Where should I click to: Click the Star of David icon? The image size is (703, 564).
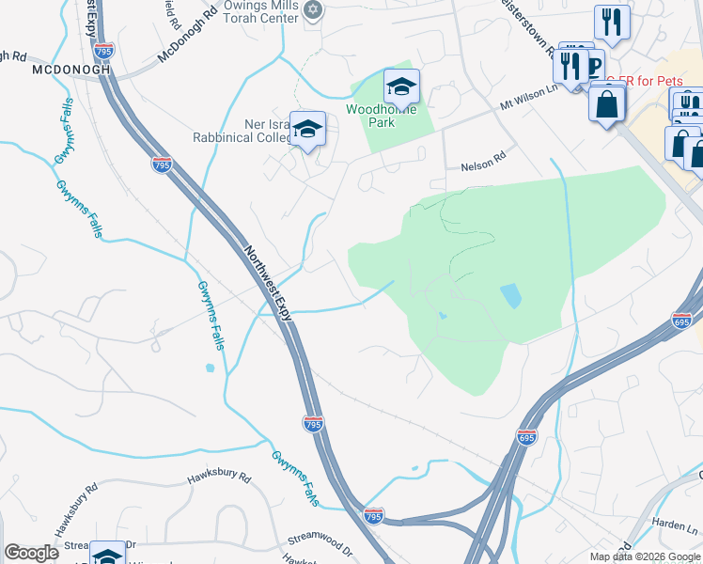tap(314, 10)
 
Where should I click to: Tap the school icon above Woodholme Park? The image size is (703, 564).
tap(401, 88)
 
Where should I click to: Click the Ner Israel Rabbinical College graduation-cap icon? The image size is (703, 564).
tap(307, 130)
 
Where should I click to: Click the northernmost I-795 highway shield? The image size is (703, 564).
tap(162, 164)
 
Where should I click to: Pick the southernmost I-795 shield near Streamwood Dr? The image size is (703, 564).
tap(373, 516)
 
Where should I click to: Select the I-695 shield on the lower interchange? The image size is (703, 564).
tap(526, 437)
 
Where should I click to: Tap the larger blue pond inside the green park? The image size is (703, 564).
tap(510, 297)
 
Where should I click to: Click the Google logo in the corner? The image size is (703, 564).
tap(30, 553)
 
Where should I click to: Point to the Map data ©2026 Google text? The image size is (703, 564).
tap(645, 556)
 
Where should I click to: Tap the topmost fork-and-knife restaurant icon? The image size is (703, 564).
tap(612, 23)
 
